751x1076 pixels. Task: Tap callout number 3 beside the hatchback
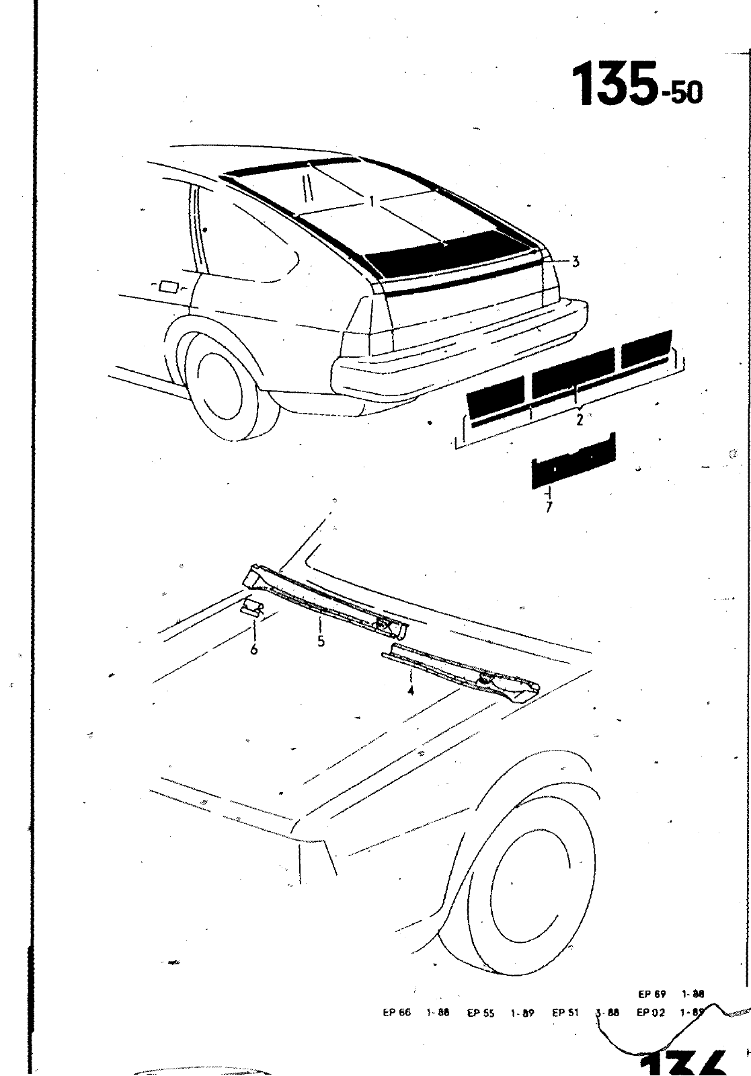pos(576,262)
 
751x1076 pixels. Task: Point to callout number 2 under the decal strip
pos(579,421)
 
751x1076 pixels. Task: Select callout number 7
pos(549,507)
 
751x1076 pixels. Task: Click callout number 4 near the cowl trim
pos(410,690)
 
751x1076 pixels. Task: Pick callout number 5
pos(321,641)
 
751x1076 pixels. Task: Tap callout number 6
pos(254,649)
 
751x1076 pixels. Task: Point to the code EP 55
pos(481,1012)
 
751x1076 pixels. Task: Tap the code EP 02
pos(650,1012)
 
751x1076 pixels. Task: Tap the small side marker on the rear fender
pos(168,288)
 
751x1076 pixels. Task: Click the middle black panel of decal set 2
pos(573,372)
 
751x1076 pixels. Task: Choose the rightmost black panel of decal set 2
pos(647,348)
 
